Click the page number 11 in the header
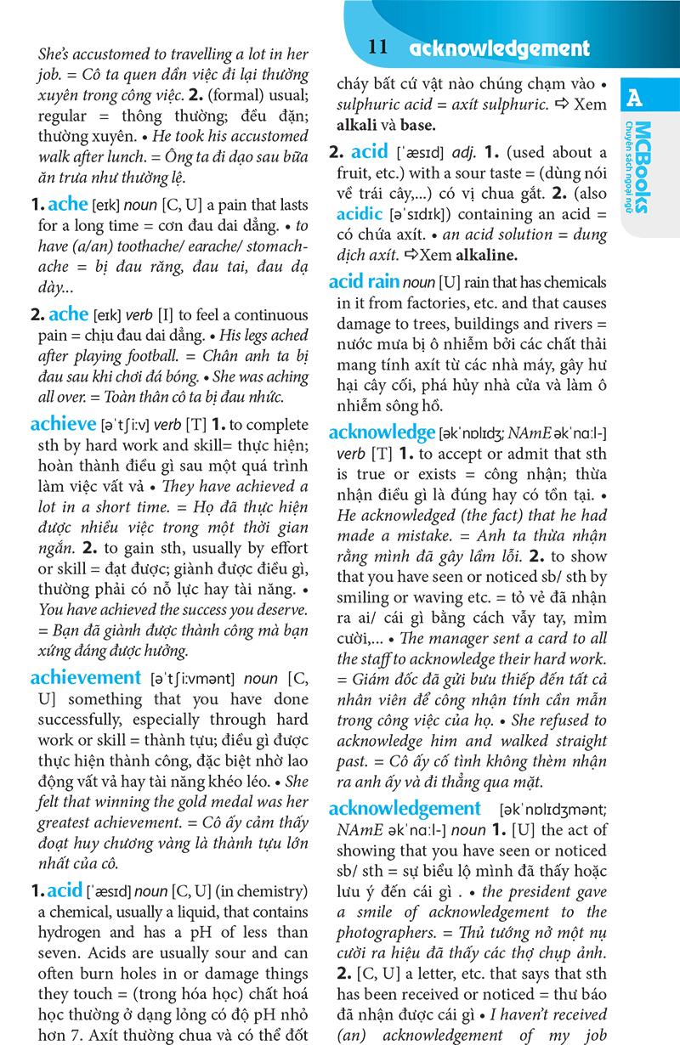[379, 48]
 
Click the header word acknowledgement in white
[499, 48]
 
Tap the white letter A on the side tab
[634, 99]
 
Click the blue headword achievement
[85, 677]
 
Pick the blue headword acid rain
[364, 281]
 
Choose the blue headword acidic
[359, 215]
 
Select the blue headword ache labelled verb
[68, 314]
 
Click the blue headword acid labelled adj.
[369, 152]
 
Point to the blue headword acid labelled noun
[65, 890]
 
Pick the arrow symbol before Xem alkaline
[413, 255]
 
